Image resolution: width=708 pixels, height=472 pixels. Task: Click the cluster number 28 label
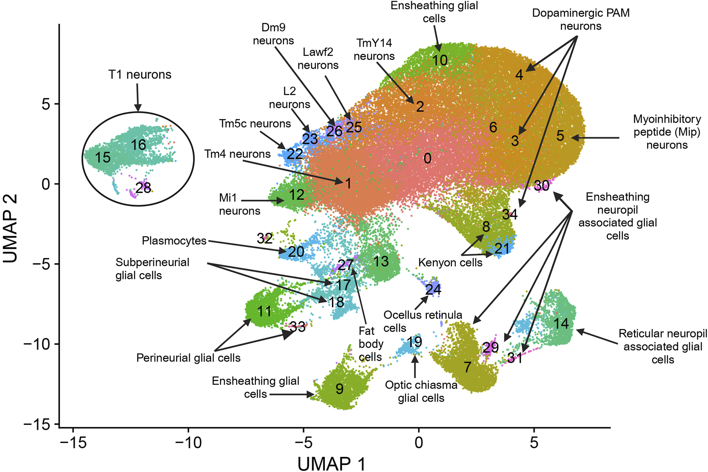tap(143, 187)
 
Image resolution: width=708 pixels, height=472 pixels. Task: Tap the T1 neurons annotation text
tap(140, 75)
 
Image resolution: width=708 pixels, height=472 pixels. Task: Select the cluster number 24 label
tap(433, 289)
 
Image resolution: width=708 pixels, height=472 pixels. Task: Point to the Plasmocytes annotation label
tap(174, 241)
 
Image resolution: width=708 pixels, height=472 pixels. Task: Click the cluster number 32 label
tap(265, 239)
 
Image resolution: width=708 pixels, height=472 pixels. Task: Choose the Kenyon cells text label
tap(450, 263)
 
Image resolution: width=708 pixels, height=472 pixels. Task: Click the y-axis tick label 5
tap(46, 104)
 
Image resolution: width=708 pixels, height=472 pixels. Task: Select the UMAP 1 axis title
tap(331, 464)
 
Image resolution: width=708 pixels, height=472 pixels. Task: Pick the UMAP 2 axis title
tap(10, 228)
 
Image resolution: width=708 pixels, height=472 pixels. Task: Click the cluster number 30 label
tap(542, 185)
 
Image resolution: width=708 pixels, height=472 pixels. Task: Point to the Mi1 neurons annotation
tap(239, 204)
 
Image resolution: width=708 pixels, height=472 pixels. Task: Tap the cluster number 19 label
tap(414, 342)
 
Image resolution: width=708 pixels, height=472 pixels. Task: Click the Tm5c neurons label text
tap(255, 124)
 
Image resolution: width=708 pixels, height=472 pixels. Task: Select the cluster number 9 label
tap(340, 388)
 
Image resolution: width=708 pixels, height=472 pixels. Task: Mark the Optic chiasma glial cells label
tap(421, 391)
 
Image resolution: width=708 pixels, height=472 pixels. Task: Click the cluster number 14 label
tap(561, 323)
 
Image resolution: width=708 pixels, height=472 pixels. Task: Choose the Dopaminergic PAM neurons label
tap(581, 20)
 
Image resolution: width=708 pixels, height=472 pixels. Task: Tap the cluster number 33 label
tap(298, 327)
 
